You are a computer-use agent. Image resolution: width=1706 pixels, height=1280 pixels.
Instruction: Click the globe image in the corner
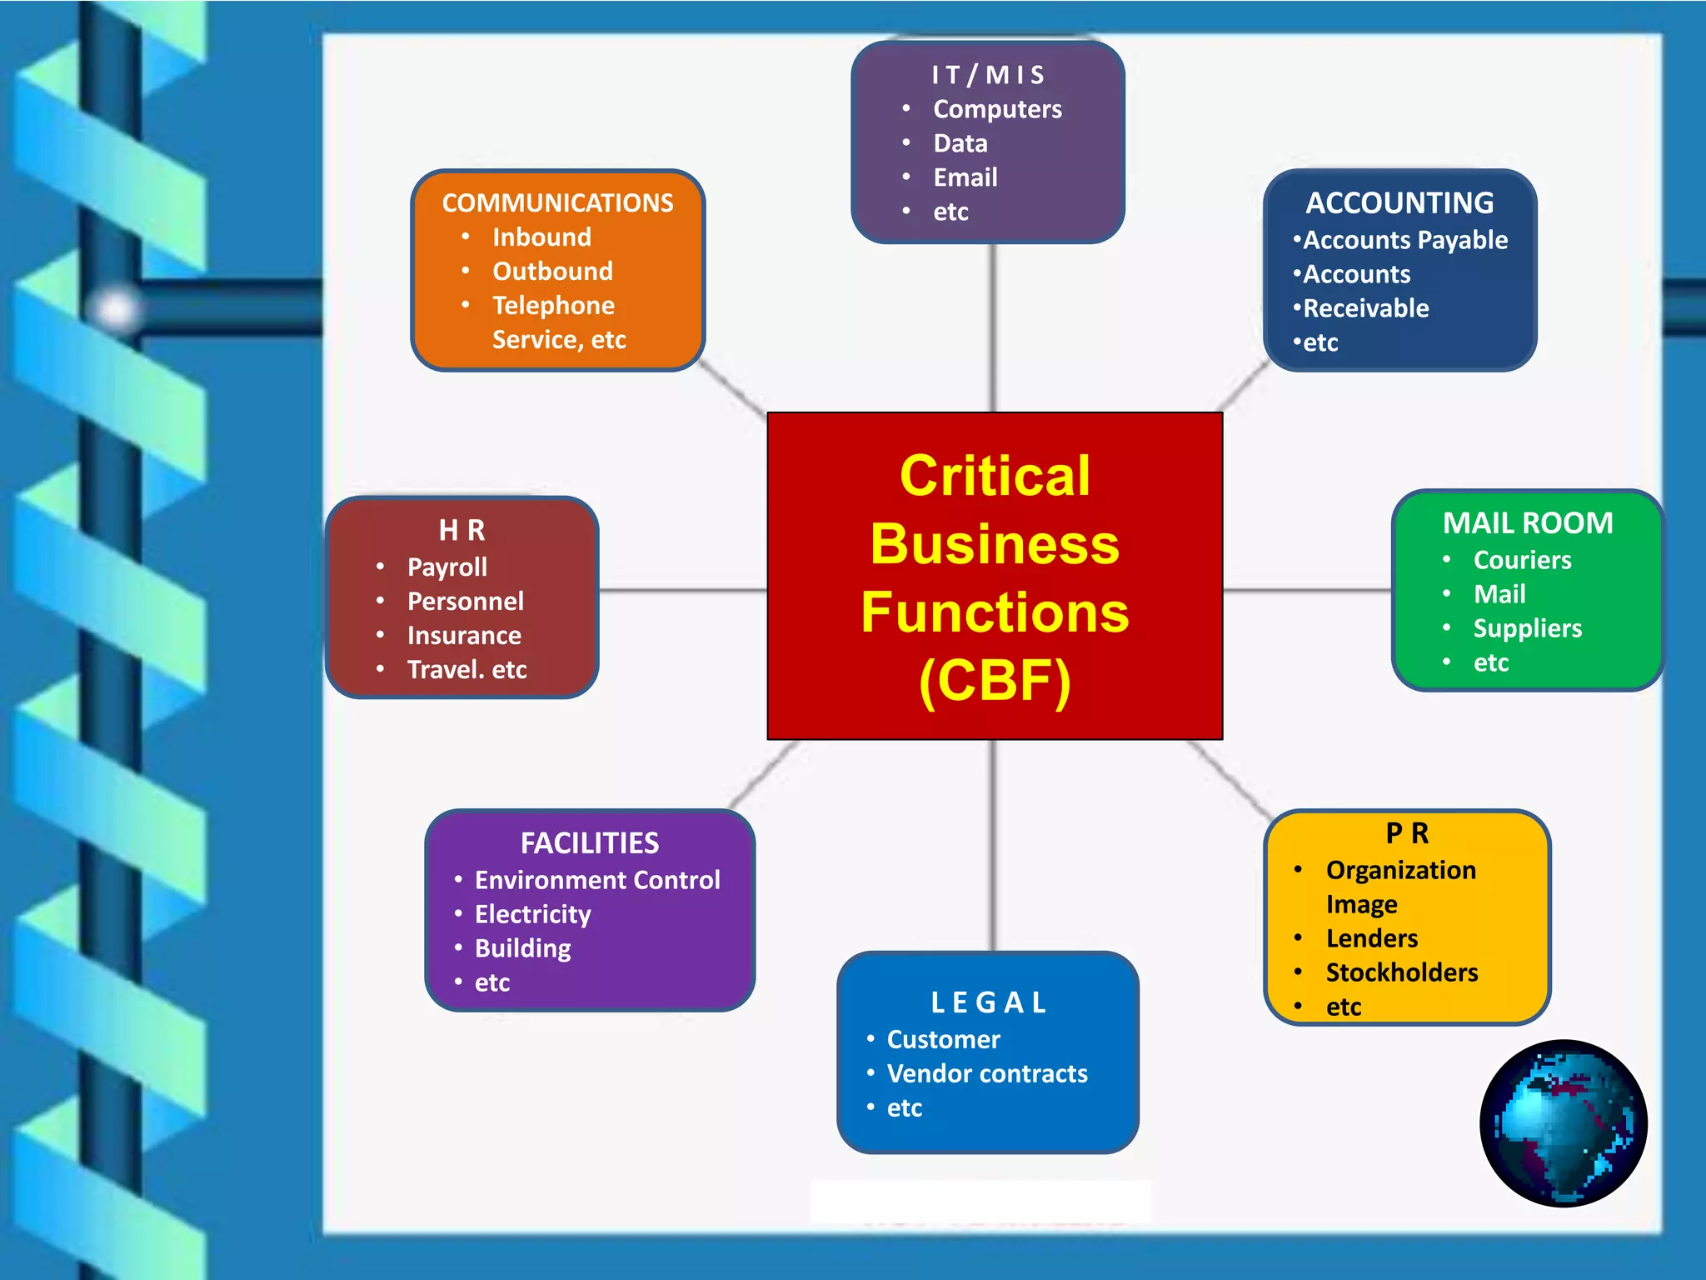point(1563,1122)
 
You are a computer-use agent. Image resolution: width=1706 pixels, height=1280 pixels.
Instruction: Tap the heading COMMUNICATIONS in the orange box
point(557,203)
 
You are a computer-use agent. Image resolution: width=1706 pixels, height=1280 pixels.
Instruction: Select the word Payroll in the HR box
point(446,567)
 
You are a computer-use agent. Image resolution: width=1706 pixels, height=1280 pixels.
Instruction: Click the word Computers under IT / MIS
point(997,109)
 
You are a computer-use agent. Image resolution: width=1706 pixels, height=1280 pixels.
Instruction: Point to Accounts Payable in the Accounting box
point(1404,240)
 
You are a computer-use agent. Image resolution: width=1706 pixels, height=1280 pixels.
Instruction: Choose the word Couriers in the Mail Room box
point(1522,560)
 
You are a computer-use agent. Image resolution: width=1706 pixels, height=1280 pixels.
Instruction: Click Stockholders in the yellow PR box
point(1401,972)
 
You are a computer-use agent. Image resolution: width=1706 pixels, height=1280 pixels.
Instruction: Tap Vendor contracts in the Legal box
point(986,1073)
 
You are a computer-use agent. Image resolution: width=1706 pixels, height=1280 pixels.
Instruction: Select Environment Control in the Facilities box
point(596,880)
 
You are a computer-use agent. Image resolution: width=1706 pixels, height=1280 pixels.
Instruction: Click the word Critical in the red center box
point(995,476)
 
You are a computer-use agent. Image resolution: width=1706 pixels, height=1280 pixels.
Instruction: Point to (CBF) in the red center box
point(995,681)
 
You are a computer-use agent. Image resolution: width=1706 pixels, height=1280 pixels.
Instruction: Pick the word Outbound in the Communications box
point(552,272)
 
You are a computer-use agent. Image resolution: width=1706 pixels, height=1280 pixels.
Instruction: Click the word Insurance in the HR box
point(464,636)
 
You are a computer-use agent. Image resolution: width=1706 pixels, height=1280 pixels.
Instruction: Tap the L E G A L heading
point(988,1002)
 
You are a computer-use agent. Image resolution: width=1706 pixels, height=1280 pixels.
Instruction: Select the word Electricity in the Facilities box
point(532,914)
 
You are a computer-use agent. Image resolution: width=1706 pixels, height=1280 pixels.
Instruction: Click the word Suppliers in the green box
point(1527,628)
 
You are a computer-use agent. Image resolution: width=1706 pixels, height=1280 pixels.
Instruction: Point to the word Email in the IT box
point(965,177)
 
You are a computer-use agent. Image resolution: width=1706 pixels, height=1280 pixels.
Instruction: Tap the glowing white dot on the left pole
point(116,309)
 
